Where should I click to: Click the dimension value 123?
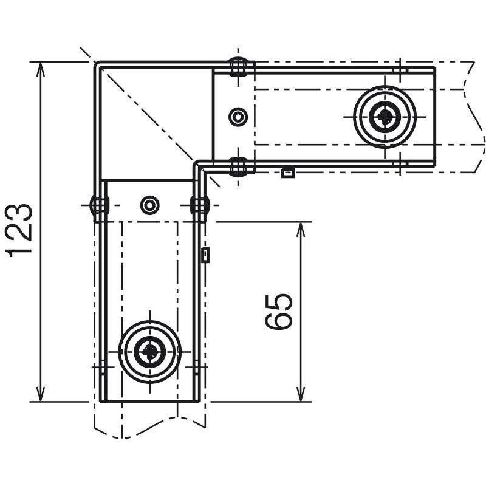pyautogui.click(x=19, y=231)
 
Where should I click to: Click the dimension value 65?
pyautogui.click(x=279, y=312)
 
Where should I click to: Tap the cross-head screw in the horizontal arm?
pyautogui.click(x=385, y=117)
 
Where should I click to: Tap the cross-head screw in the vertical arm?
pyautogui.click(x=149, y=352)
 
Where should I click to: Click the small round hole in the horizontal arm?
pyautogui.click(x=238, y=117)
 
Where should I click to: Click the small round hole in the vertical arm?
pyautogui.click(x=149, y=205)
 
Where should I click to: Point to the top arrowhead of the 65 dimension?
pyautogui.click(x=301, y=229)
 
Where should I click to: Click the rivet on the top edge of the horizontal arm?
pyautogui.click(x=238, y=66)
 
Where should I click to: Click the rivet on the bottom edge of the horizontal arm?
pyautogui.click(x=238, y=168)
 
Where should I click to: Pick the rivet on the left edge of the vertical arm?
pyautogui.click(x=99, y=205)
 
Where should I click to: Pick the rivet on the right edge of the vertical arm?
pyautogui.click(x=200, y=205)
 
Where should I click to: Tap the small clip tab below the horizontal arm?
pyautogui.click(x=287, y=173)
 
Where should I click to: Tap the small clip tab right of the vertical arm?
pyautogui.click(x=205, y=255)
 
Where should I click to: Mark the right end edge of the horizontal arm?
pyautogui.click(x=434, y=117)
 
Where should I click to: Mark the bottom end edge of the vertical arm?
pyautogui.click(x=149, y=402)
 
